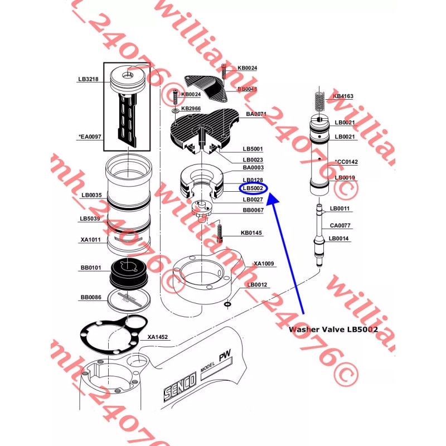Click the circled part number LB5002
tap(253, 188)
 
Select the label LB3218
tap(88, 79)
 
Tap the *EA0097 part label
tap(89, 136)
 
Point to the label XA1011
tap(90, 240)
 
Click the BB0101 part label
tap(90, 268)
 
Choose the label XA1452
tap(158, 337)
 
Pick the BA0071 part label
tap(256, 114)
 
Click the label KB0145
tap(251, 232)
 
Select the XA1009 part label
tap(264, 263)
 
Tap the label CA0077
tap(340, 226)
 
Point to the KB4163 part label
tap(343, 96)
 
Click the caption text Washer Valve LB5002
tap(333, 329)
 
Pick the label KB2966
tap(191, 108)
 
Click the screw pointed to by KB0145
tap(220, 231)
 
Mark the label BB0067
tap(253, 210)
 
